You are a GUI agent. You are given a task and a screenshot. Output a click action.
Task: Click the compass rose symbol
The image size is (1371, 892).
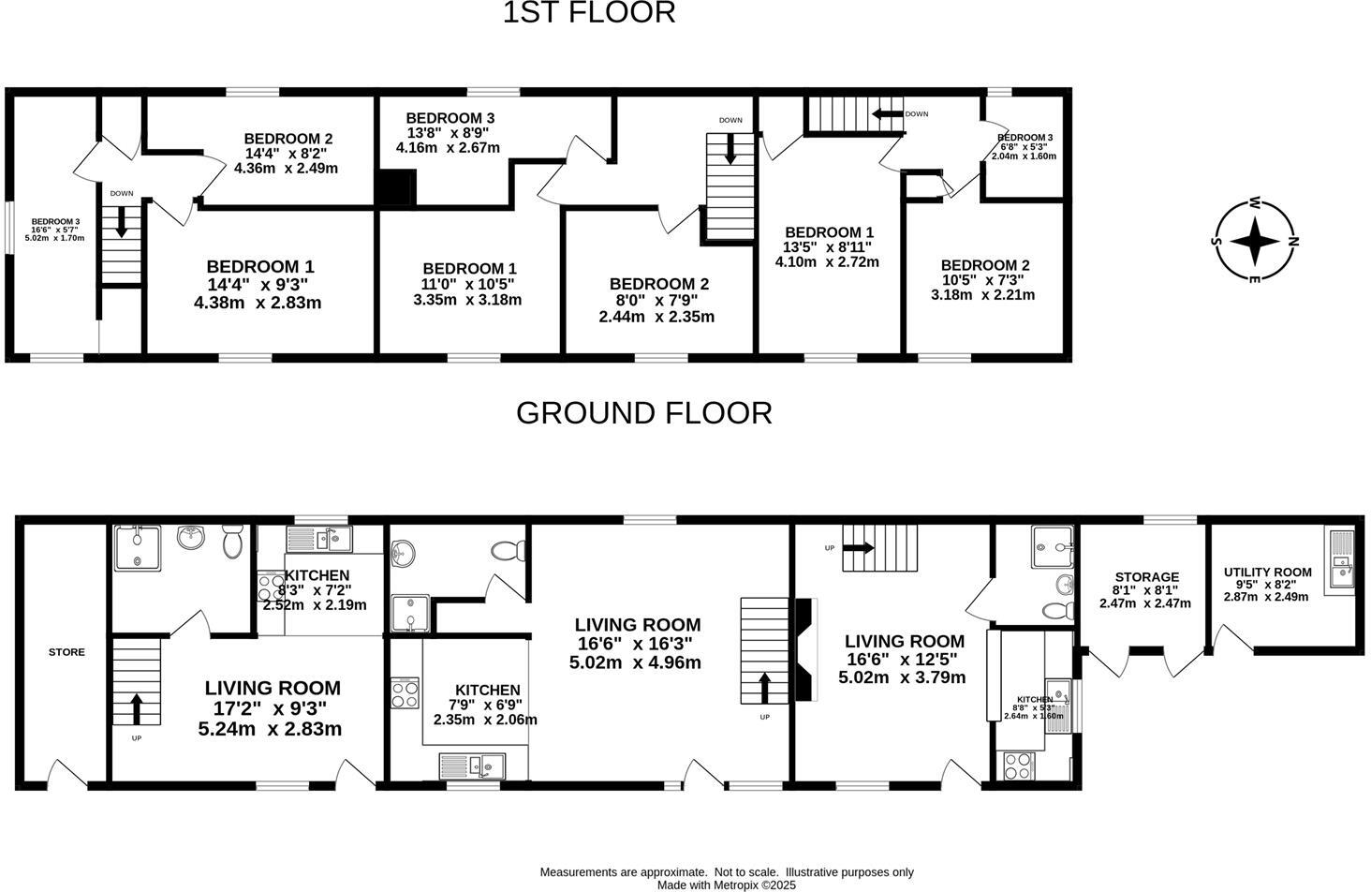1254,241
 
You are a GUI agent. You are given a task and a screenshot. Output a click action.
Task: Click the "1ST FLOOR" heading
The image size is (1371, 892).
589,13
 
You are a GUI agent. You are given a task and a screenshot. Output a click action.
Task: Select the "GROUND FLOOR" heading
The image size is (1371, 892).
644,413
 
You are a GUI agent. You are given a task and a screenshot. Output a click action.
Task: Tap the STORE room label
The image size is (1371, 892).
66,652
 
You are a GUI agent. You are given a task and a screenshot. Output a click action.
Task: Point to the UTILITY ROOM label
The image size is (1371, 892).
1267,572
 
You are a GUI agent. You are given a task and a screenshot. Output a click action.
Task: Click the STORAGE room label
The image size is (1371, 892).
1146,577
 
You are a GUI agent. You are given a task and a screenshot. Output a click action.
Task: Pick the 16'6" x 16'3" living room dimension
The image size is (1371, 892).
637,644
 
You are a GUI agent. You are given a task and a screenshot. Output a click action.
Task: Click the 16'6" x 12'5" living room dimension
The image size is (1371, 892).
904,660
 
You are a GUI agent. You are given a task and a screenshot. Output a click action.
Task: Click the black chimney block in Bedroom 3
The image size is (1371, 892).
395,187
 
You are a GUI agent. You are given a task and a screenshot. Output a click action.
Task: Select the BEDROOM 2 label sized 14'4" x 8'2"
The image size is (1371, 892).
287,139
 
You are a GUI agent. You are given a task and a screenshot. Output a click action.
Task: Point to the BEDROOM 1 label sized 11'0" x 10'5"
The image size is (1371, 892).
468,269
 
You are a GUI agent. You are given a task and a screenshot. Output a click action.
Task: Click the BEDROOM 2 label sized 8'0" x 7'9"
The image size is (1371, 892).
658,284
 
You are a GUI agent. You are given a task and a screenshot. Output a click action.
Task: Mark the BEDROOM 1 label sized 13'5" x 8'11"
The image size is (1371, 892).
829,232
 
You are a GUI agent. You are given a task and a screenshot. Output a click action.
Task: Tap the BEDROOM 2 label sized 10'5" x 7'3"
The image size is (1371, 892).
984,265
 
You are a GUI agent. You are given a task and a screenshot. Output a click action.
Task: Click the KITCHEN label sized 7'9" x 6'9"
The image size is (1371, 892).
487,690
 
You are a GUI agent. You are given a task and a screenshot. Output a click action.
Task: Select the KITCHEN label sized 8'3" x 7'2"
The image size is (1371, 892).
317,575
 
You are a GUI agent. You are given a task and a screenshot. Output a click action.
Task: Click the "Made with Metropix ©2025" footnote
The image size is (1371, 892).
726,885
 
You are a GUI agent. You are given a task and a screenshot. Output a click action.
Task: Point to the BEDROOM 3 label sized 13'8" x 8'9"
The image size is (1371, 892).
450,118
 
